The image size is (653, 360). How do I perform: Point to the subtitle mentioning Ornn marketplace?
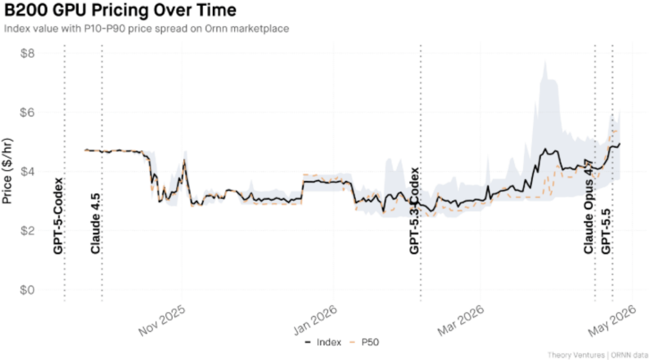[146, 29]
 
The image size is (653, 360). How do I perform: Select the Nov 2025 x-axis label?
[163, 322]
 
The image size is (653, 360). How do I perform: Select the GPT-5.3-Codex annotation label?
[414, 211]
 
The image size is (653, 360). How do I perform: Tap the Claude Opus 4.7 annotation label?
[589, 206]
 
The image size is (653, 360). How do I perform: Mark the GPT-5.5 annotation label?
[606, 230]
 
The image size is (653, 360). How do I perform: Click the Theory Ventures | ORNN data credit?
[598, 355]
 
